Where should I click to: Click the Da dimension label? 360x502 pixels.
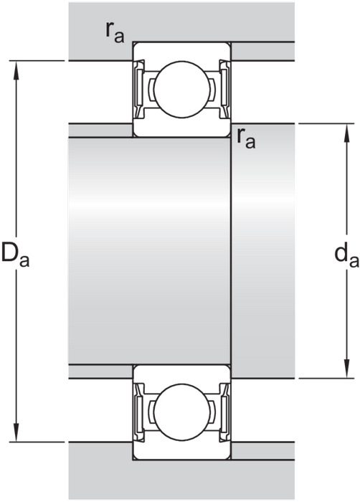point(15,255)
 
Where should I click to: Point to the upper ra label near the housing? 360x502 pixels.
point(115,32)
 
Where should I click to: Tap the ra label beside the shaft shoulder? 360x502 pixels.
point(246,138)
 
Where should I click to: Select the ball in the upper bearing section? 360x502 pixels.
point(182,90)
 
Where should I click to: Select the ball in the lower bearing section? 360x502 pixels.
point(182,412)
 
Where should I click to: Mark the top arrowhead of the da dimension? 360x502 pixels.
point(346,132)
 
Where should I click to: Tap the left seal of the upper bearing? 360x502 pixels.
point(139,90)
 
